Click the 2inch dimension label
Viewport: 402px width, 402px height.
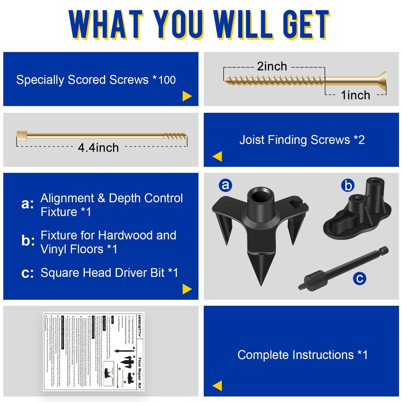pyautogui.click(x=272, y=66)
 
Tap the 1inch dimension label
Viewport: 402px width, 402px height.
pyautogui.click(x=356, y=95)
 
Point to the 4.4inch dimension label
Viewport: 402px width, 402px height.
pyautogui.click(x=98, y=147)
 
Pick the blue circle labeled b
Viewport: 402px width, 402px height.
pyautogui.click(x=347, y=186)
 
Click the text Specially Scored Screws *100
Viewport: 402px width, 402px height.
pyautogui.click(x=96, y=80)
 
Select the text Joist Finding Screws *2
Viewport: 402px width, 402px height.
pyautogui.click(x=302, y=139)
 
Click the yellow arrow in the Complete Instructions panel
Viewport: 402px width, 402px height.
pyautogui.click(x=217, y=386)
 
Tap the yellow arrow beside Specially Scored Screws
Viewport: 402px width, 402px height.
pyautogui.click(x=187, y=97)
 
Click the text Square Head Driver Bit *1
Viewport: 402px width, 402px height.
pyautogui.click(x=109, y=273)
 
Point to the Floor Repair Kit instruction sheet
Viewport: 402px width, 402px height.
pyautogui.click(x=99, y=350)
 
